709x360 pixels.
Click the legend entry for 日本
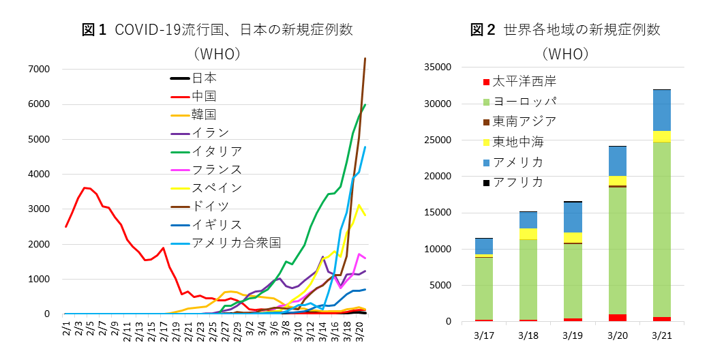205,78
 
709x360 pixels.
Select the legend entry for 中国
205,96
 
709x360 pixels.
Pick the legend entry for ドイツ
211,206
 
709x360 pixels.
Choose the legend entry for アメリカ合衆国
236,243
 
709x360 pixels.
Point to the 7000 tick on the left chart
38,69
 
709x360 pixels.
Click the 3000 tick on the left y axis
38,209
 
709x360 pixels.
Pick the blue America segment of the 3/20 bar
617,161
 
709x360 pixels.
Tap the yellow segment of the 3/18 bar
528,234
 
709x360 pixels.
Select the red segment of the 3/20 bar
617,318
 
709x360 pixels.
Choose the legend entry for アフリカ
518,182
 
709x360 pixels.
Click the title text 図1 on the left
95,30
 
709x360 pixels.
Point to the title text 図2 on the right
483,30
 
